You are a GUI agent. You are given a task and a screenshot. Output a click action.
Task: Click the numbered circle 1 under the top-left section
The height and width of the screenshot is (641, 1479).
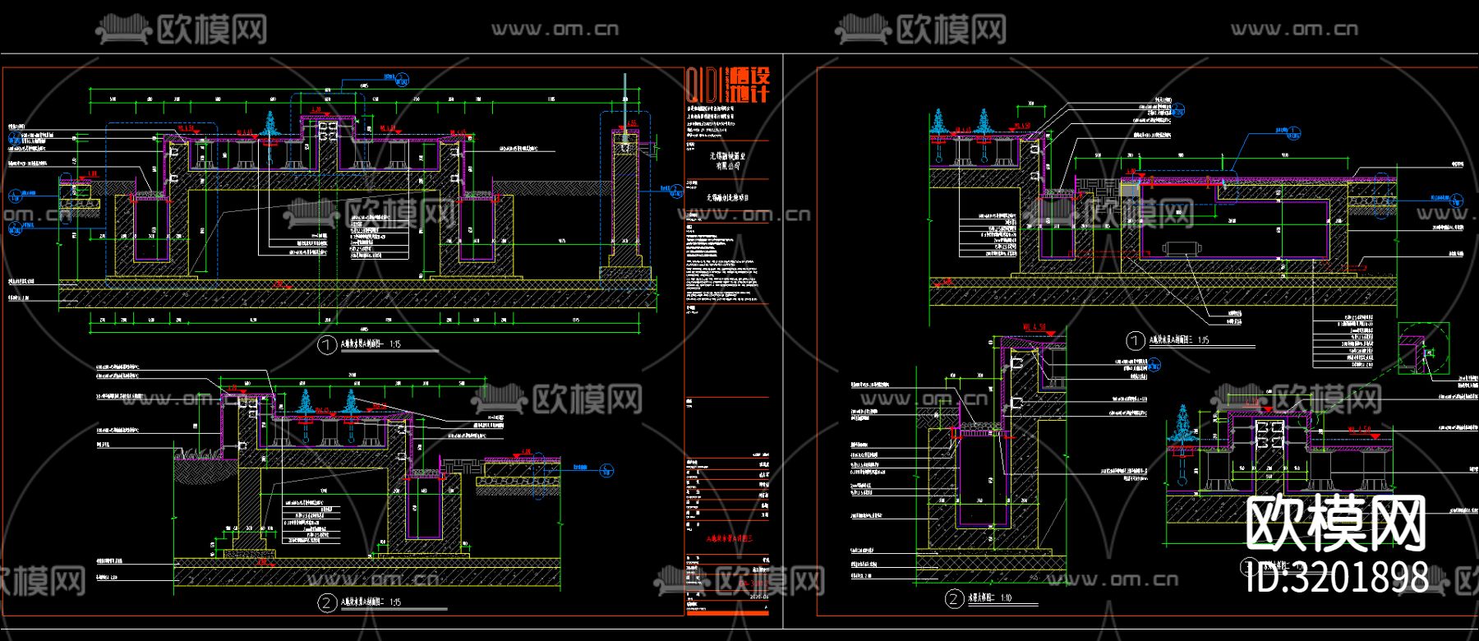(327, 345)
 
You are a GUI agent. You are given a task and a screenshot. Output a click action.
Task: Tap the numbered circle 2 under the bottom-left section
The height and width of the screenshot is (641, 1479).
(327, 603)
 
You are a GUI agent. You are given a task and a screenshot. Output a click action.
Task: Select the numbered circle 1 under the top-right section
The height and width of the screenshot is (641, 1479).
(1136, 340)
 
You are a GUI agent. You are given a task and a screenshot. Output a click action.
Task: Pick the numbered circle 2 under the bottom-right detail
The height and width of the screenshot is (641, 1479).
(954, 599)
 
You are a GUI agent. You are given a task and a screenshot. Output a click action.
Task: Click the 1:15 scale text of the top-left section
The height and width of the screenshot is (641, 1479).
(394, 344)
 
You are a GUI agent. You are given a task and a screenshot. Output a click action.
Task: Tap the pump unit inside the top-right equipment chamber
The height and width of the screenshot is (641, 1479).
(1181, 248)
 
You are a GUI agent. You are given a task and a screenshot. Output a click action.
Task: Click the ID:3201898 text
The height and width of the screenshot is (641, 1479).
(1337, 577)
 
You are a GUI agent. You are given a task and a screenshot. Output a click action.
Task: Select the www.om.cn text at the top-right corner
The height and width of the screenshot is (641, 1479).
(1294, 30)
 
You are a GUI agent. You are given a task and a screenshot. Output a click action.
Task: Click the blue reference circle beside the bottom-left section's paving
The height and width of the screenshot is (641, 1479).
(606, 470)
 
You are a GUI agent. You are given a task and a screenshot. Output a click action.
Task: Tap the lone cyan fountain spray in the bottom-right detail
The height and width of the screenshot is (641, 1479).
(1183, 421)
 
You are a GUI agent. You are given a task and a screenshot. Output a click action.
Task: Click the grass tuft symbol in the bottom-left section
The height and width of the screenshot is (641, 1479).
(195, 450)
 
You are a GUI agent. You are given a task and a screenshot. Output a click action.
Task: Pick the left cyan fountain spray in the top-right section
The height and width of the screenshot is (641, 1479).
(938, 124)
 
